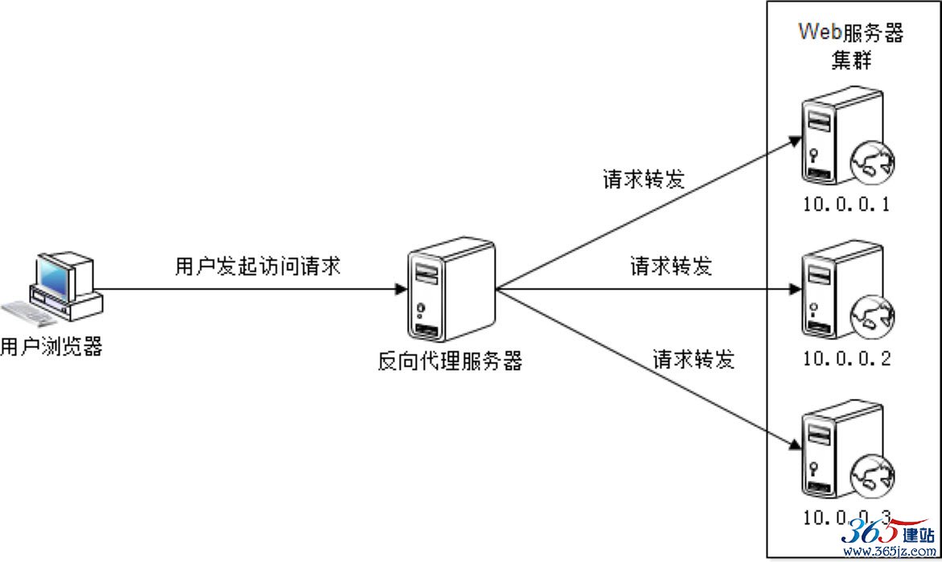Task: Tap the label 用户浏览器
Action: pyautogui.click(x=51, y=347)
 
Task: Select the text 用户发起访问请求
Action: pyautogui.click(x=257, y=266)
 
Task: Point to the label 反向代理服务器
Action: pyautogui.click(x=450, y=361)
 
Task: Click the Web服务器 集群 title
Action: pyautogui.click(x=850, y=46)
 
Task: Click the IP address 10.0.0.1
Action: pyautogui.click(x=846, y=205)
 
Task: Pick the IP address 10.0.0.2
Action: pyautogui.click(x=847, y=359)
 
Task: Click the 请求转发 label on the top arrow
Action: pyautogui.click(x=644, y=179)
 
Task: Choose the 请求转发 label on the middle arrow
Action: pyautogui.click(x=671, y=266)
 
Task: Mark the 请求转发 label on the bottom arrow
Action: pyautogui.click(x=694, y=359)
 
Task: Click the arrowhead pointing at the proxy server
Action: pyautogui.click(x=401, y=289)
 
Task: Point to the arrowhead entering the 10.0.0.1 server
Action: pyautogui.click(x=796, y=142)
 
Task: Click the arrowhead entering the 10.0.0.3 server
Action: pyautogui.click(x=795, y=445)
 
